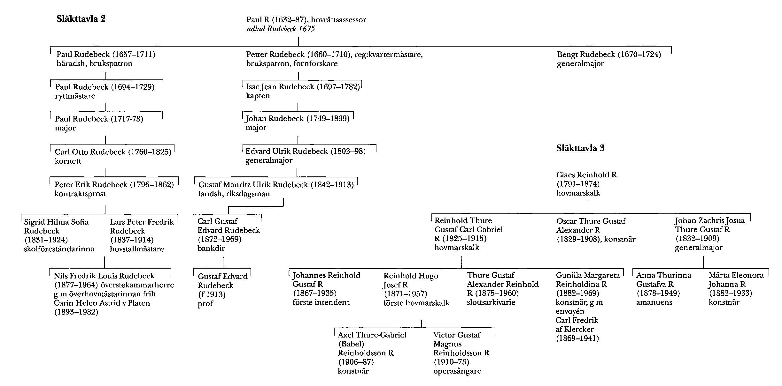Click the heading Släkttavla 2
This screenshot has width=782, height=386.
coord(81,19)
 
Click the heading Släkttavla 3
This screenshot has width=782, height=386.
coord(580,148)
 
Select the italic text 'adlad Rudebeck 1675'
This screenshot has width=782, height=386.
coord(281,29)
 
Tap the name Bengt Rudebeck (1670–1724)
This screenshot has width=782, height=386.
coord(609,55)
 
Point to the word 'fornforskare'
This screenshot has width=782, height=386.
coord(315,63)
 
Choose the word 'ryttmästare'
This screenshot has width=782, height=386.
coord(75,96)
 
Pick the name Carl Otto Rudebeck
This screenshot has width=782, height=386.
coord(90,152)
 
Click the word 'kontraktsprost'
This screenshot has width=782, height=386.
coord(80,194)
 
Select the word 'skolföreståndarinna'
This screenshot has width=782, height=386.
coord(59,249)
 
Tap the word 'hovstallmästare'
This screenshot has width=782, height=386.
coord(137,249)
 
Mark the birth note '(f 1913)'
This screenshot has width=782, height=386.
coord(212,294)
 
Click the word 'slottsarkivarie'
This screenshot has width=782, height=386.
coord(491,302)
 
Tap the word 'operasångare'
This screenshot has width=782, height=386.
coord(457,371)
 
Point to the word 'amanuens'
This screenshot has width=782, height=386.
coord(654,302)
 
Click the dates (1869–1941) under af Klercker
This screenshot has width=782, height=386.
coord(577,338)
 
